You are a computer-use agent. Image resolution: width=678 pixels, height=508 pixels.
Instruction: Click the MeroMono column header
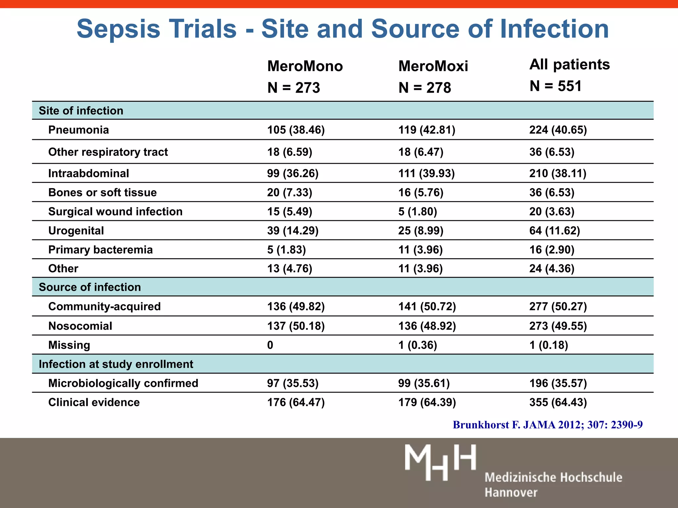305,66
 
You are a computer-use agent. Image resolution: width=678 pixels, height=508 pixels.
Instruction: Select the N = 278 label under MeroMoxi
425,88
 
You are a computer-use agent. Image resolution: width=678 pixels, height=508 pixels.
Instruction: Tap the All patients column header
569,64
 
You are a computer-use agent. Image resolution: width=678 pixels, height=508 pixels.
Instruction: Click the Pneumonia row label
78,130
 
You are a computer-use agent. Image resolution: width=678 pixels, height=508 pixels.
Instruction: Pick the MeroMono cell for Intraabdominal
293,174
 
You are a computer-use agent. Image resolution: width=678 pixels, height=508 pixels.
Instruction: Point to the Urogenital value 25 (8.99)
420,231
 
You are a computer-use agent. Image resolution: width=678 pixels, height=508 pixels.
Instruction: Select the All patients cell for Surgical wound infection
552,212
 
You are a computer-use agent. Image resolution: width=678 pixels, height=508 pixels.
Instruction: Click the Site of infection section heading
81,111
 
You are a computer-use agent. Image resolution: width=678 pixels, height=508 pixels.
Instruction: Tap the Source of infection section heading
90,287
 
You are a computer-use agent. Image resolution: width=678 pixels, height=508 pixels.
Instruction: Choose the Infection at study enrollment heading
116,364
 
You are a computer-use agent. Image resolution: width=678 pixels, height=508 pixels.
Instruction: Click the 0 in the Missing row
270,345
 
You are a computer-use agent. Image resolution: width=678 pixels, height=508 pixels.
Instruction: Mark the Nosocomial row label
80,326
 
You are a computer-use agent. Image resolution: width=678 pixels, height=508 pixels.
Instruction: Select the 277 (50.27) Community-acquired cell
558,307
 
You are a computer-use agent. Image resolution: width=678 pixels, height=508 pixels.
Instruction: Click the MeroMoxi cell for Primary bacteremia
420,250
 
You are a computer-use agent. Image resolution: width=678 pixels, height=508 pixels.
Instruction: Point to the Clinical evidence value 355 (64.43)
558,402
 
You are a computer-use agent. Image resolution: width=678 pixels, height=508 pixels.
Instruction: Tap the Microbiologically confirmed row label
123,383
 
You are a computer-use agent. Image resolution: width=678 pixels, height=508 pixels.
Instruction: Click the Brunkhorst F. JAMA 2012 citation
548,425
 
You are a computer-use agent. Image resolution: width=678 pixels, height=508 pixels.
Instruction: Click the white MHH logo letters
440,462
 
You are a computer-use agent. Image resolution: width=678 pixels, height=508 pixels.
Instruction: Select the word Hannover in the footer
511,492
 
